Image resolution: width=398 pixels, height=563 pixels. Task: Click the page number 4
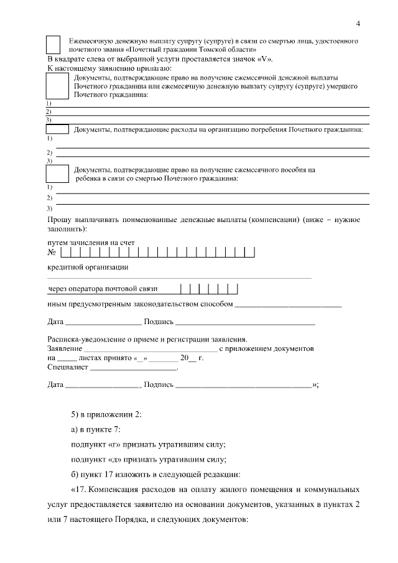[358, 24]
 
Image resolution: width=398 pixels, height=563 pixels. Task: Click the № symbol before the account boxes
[52, 253]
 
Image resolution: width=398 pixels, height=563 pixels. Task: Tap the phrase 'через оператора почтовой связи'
[103, 289]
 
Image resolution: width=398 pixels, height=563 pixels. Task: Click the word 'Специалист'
[68, 368]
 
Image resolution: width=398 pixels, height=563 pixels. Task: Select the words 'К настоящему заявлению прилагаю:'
[110, 67]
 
